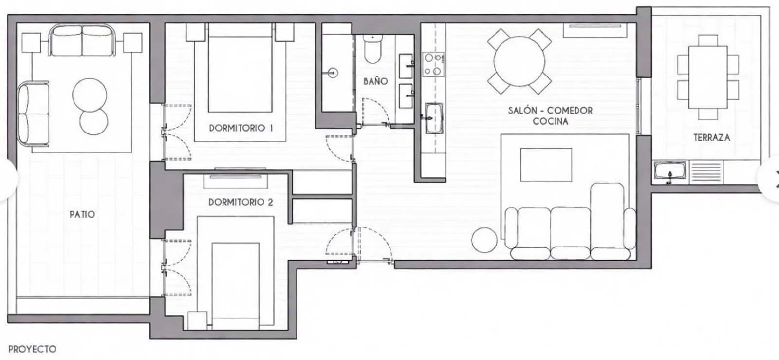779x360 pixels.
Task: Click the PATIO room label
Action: [x=82, y=214]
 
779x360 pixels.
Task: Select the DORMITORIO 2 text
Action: [x=241, y=201]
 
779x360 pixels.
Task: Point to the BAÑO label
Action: [x=375, y=81]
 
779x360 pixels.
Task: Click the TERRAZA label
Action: [x=711, y=137]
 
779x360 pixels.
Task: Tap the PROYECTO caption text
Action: [x=32, y=349]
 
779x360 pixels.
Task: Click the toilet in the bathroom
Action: [x=373, y=50]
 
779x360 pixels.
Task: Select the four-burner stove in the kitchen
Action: [x=433, y=64]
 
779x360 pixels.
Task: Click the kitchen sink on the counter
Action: [x=433, y=117]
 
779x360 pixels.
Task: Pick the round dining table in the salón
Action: [x=519, y=61]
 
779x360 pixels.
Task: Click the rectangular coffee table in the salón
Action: [x=546, y=165]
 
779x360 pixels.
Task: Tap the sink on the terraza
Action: [x=670, y=172]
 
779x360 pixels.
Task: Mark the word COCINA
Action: [x=550, y=121]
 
